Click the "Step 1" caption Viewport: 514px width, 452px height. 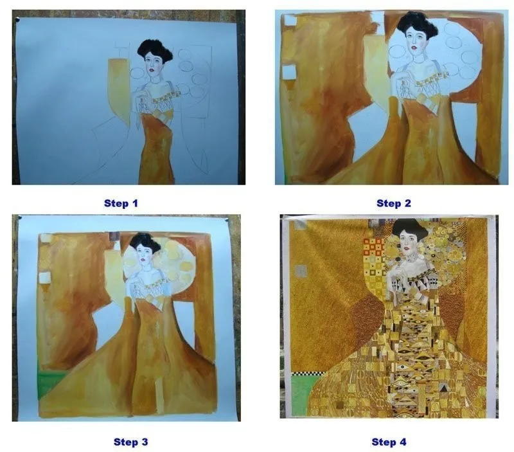(x=121, y=203)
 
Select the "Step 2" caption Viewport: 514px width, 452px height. (x=394, y=203)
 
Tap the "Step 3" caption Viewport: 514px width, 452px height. (x=131, y=442)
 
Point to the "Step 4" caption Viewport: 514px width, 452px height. (x=389, y=442)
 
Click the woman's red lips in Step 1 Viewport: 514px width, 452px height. (x=152, y=70)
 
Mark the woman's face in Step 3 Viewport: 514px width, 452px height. (x=143, y=255)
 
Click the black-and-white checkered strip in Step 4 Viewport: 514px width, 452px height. (x=309, y=374)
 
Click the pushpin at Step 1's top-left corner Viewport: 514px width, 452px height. (x=17, y=21)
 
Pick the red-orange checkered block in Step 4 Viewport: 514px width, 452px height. (x=373, y=249)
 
